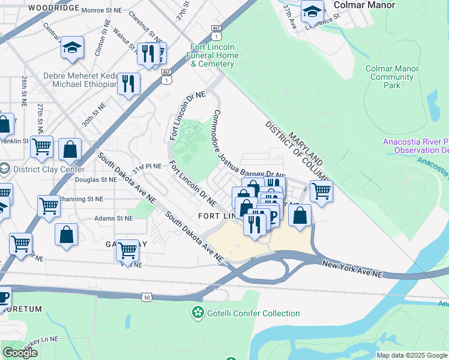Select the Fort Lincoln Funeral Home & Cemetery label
point(215,55)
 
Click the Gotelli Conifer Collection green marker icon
point(197,313)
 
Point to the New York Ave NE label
point(352,268)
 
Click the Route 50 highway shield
point(146,298)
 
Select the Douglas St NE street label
point(96,179)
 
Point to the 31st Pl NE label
point(147,169)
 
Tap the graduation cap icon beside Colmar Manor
point(312,11)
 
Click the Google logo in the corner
point(20,353)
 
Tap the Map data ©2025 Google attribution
point(412,355)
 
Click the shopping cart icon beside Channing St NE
point(49,205)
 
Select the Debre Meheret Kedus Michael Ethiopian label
point(80,80)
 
